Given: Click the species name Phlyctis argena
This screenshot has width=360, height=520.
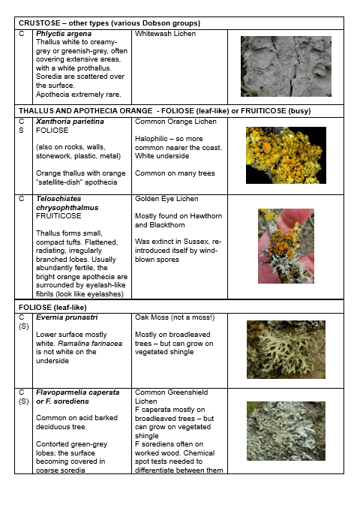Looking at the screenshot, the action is click(x=64, y=34).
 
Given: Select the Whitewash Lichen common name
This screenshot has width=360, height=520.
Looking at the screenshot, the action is click(x=165, y=34).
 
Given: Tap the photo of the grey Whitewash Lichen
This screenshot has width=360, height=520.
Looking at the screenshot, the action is click(x=286, y=66).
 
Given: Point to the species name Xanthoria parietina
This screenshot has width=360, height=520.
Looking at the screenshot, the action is click(x=70, y=122).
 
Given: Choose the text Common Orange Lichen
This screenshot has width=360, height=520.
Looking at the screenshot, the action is click(x=175, y=122).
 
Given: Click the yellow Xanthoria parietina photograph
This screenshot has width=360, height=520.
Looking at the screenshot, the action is click(x=286, y=155).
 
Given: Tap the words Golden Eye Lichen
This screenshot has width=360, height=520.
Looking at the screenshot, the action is click(x=166, y=199).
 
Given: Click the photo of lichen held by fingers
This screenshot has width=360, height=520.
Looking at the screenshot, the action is click(x=286, y=246).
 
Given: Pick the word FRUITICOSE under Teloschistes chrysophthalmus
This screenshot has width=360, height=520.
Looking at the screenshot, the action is click(x=58, y=216).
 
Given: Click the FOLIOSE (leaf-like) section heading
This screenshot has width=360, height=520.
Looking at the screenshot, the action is click(x=52, y=308).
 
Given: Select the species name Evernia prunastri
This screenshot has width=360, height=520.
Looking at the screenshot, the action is click(x=67, y=317).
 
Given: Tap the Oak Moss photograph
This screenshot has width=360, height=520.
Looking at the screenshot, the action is click(x=286, y=350).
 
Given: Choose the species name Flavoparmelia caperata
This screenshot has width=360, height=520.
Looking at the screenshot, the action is click(x=78, y=392).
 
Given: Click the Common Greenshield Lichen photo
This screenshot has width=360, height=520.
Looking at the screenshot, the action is click(x=286, y=431).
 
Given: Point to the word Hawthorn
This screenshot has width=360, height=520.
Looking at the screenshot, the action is click(x=205, y=216).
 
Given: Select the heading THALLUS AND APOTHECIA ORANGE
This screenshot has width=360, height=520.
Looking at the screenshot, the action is click(x=85, y=111).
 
